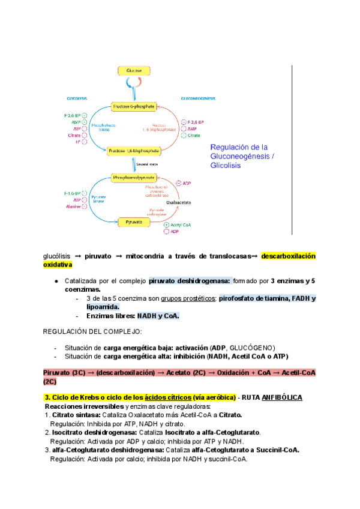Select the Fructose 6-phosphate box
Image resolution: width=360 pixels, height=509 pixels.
click(134, 106)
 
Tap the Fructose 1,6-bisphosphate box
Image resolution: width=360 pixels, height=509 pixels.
click(134, 151)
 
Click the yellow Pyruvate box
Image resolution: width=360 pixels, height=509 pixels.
click(134, 222)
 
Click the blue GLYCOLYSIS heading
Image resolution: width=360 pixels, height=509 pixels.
click(77, 98)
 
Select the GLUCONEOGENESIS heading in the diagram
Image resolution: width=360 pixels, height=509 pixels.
click(198, 98)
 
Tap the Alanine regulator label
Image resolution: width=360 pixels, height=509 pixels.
click(73, 207)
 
